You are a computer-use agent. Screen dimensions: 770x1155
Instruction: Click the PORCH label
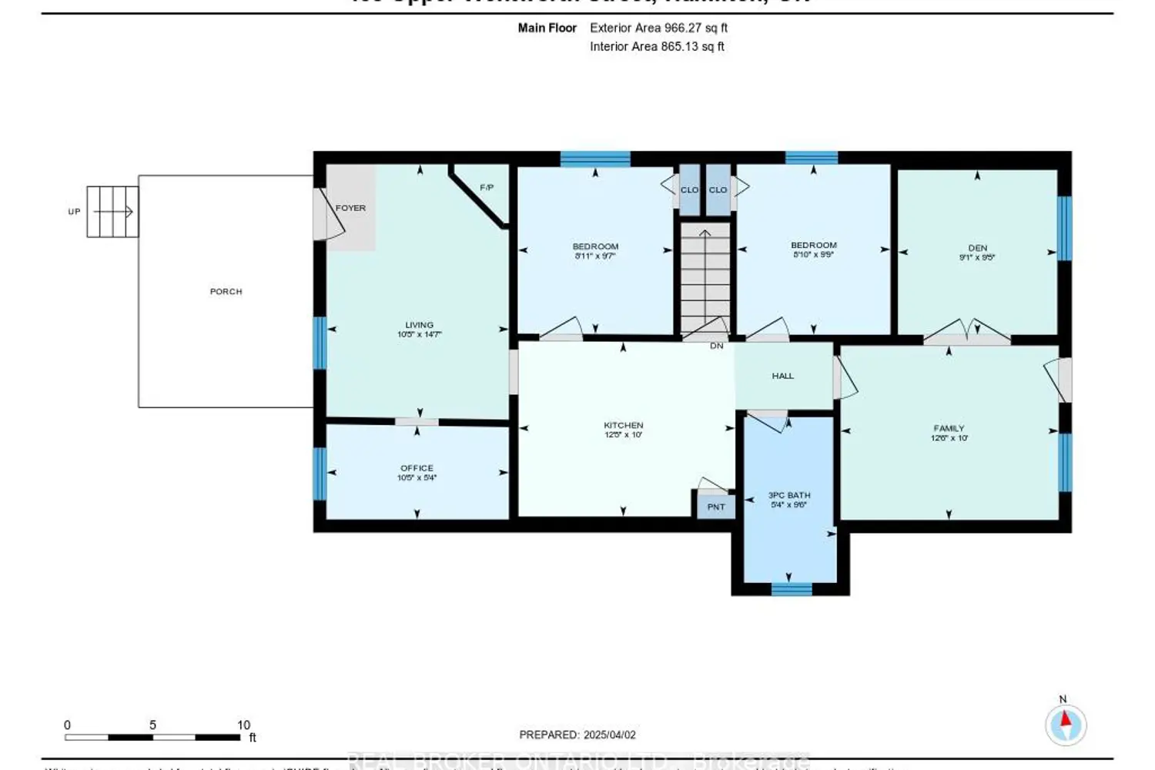[x=226, y=292]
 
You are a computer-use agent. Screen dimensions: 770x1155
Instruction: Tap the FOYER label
[x=350, y=208]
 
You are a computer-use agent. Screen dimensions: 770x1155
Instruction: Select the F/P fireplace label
[x=487, y=188]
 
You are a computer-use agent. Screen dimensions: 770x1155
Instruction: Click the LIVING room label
[x=420, y=325]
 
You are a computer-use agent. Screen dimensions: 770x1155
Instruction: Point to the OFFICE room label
[x=417, y=468]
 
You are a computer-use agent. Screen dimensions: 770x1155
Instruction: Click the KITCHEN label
[x=623, y=425]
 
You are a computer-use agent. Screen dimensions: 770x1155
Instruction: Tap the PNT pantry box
[x=716, y=507]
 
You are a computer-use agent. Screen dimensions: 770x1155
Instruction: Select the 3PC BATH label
[x=789, y=496]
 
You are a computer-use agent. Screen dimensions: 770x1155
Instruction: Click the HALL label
[x=782, y=376]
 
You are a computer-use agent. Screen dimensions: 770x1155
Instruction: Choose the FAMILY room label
[x=949, y=428]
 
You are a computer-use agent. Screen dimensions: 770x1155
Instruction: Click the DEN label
[x=977, y=248]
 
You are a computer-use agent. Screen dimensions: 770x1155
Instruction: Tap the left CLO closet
[x=689, y=190]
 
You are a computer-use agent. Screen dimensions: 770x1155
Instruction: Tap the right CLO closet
[x=718, y=190]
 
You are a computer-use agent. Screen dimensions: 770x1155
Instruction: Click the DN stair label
[x=716, y=346]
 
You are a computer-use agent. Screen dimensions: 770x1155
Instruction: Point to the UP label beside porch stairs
[x=74, y=212]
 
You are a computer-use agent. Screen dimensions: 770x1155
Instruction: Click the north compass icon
[x=1066, y=723]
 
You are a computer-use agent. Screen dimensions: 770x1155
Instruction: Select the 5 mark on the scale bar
[x=152, y=725]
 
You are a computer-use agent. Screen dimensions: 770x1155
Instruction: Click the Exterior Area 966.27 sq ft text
[x=658, y=28]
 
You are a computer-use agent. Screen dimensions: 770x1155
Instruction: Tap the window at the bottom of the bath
[x=792, y=589]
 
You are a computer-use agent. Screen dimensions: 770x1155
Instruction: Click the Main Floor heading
[x=547, y=28]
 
